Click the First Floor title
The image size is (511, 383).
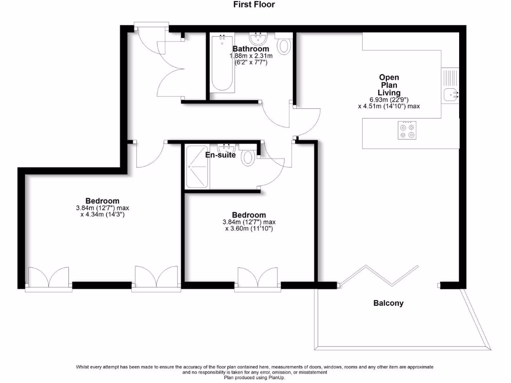[254, 4]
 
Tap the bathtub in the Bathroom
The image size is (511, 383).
[222, 64]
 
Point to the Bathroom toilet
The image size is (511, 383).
[284, 45]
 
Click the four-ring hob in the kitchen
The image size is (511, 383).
[406, 130]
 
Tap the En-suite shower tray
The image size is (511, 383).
[197, 167]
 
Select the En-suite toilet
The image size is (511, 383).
[248, 158]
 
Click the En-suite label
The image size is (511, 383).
[220, 155]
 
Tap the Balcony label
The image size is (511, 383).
[388, 303]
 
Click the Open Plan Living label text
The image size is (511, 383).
[389, 85]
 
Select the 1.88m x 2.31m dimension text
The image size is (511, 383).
[251, 56]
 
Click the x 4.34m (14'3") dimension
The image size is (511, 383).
[102, 215]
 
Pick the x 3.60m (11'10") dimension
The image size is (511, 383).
[249, 229]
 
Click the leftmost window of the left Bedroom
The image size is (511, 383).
[48, 278]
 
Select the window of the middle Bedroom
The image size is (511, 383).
[257, 278]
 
